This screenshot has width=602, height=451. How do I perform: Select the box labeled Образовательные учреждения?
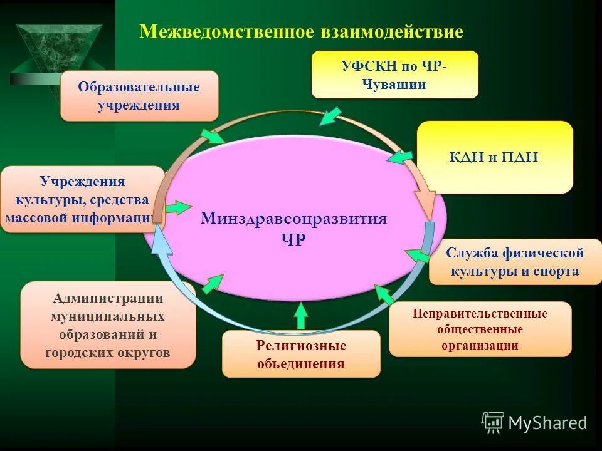(x=139, y=95)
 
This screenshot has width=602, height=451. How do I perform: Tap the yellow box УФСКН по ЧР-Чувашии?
(x=394, y=75)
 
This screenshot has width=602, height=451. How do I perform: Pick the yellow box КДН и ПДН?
(x=494, y=157)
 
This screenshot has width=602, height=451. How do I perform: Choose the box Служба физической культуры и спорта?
(x=514, y=262)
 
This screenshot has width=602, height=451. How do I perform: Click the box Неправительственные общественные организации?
(x=480, y=329)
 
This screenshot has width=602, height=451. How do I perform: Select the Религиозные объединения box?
(x=301, y=354)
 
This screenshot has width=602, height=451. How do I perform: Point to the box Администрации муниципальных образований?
(x=108, y=325)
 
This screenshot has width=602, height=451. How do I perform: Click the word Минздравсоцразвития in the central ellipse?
(x=293, y=219)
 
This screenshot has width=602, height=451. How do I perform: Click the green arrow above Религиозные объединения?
(x=302, y=315)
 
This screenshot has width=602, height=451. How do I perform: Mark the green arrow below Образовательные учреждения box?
(x=212, y=135)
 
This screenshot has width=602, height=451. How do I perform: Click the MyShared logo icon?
(x=493, y=423)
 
